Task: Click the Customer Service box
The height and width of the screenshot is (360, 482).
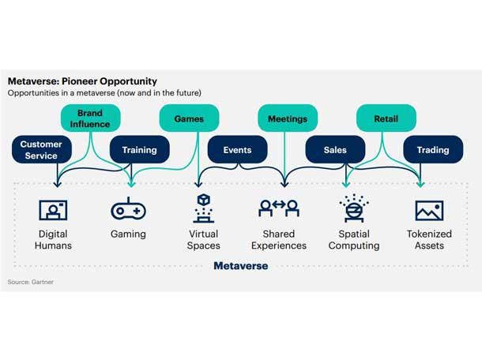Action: click(41, 150)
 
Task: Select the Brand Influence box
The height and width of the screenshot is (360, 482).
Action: click(90, 118)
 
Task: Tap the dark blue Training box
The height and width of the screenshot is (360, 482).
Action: click(139, 150)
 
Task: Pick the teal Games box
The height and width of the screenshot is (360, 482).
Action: click(189, 119)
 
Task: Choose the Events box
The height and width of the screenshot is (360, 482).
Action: click(237, 150)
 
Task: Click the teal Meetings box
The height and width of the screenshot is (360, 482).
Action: click(287, 119)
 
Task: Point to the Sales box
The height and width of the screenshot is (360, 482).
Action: click(335, 150)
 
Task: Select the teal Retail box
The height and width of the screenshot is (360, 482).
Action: click(385, 119)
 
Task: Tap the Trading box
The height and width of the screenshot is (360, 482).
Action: click(433, 150)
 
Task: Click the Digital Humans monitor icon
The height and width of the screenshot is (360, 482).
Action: click(53, 209)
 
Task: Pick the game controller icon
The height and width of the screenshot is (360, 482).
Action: click(128, 209)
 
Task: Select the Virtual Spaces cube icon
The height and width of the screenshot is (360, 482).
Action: click(203, 208)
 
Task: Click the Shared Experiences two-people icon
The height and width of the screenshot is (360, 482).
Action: click(278, 209)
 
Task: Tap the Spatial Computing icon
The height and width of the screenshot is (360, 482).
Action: click(353, 208)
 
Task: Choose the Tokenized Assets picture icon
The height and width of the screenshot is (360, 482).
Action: click(429, 210)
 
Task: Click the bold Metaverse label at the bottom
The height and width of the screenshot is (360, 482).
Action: click(240, 266)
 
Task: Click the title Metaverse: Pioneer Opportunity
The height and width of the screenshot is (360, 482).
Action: click(82, 81)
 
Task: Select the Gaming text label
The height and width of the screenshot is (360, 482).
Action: click(128, 234)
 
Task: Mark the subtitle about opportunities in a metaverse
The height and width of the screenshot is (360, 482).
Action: click(104, 93)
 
